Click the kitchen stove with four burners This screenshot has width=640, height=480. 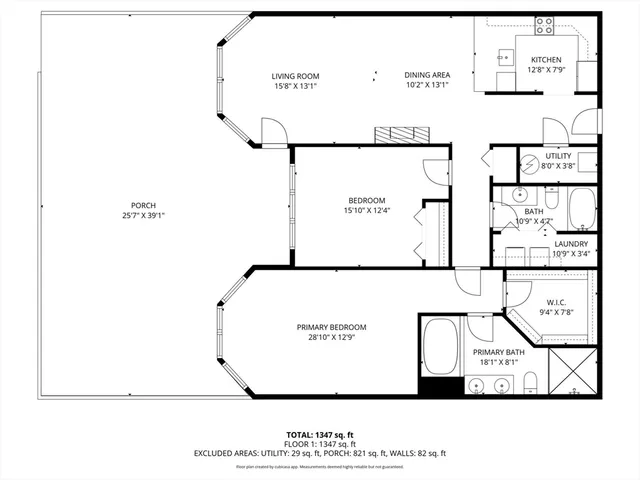[x=545, y=26]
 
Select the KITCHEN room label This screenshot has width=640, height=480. [x=546, y=60]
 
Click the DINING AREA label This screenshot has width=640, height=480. [x=427, y=76]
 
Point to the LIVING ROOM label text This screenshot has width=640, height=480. [x=295, y=76]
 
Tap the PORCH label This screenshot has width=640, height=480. [x=142, y=205]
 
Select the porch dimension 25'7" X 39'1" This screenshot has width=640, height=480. [x=142, y=215]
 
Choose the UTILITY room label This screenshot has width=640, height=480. [x=558, y=156]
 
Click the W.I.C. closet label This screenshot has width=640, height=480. [x=557, y=302]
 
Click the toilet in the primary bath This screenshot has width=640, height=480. [x=532, y=380]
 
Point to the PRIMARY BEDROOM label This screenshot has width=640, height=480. [x=331, y=327]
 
